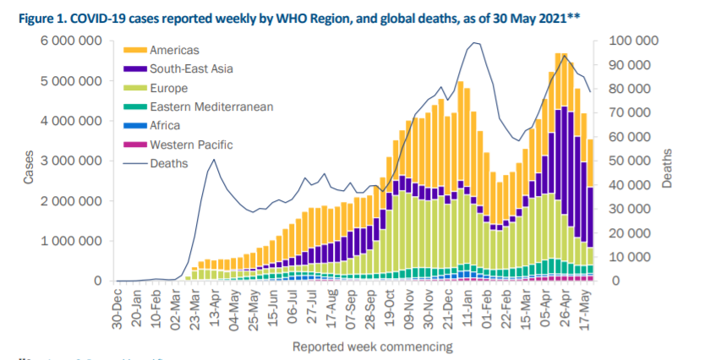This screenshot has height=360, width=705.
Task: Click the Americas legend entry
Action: coord(174,51)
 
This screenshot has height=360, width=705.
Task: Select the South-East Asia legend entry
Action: coord(191,69)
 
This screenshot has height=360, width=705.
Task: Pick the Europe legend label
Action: coord(169,88)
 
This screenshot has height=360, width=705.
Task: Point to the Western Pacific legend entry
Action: coord(191,145)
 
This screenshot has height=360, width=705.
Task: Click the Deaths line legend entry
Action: coord(169,163)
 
